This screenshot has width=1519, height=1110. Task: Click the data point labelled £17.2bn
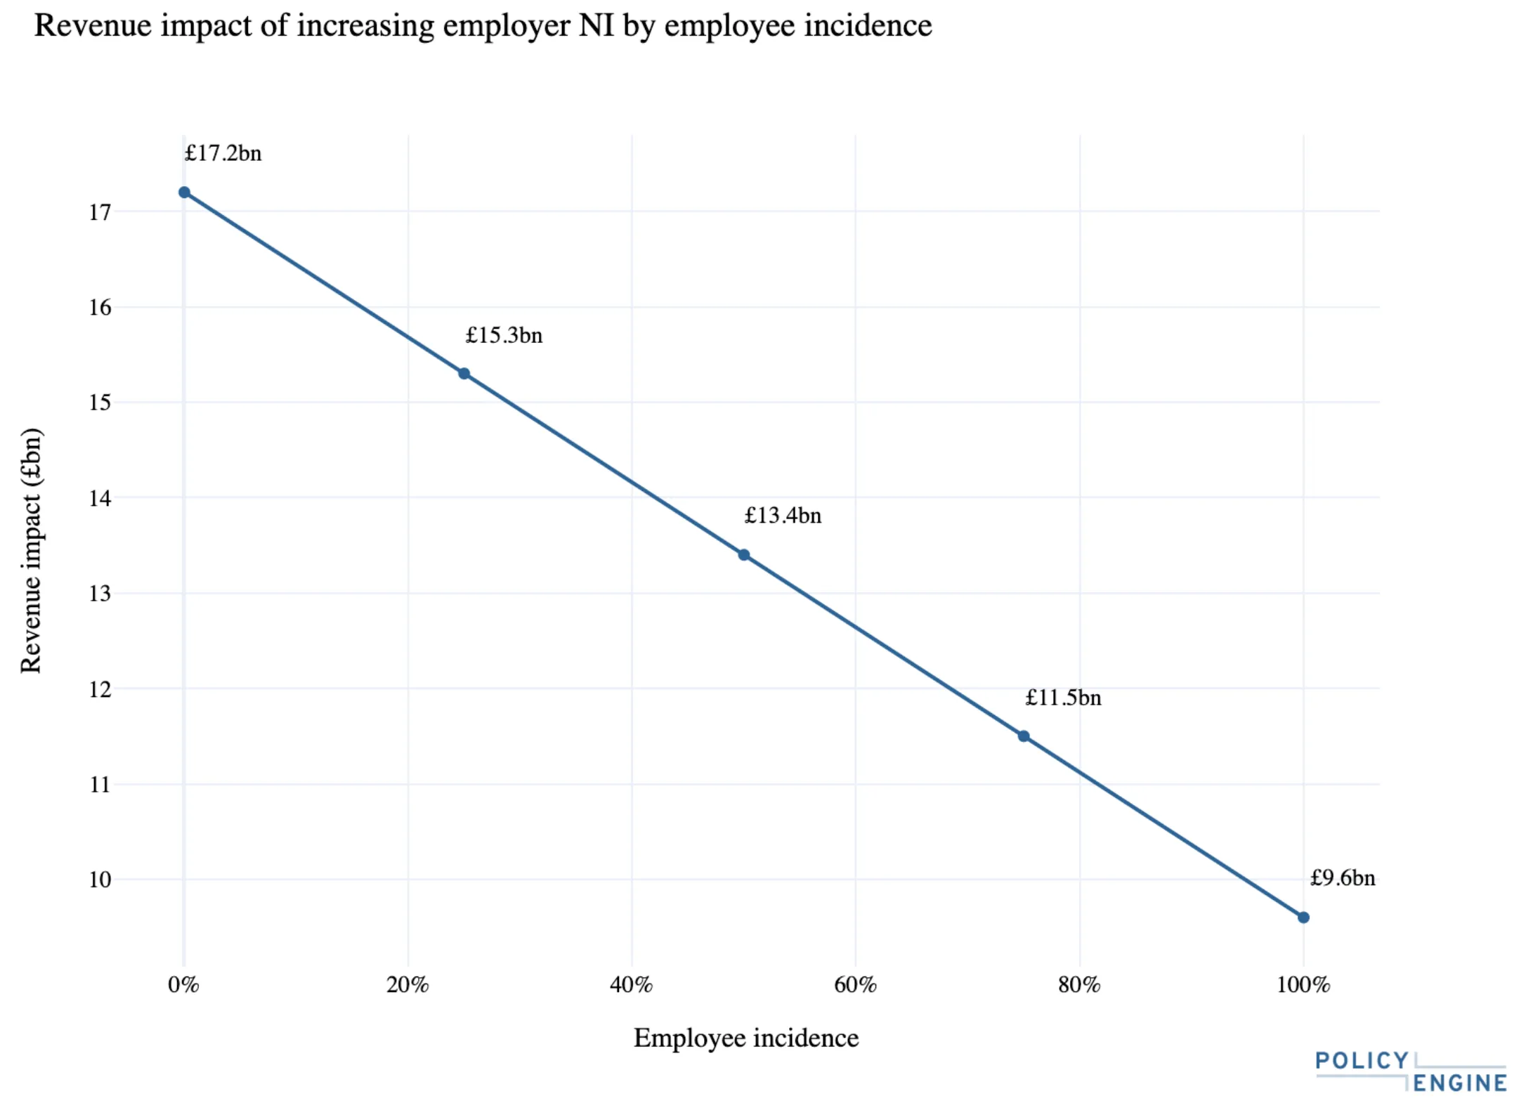coord(184,192)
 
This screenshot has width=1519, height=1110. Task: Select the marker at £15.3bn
coord(464,374)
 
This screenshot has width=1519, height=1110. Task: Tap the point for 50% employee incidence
coord(743,555)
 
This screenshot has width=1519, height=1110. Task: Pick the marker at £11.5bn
coord(1024,736)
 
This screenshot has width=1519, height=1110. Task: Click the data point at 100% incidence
coord(1303,918)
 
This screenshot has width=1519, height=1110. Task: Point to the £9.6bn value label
coord(1342,878)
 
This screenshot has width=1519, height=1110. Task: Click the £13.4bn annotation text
coord(783,516)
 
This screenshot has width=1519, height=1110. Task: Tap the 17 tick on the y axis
coord(100,212)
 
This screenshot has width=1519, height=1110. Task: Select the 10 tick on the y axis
coord(100,880)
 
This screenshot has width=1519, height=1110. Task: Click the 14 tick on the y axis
coord(100,499)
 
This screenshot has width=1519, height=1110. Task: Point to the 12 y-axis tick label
coord(100,689)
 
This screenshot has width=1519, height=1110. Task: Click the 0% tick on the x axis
coord(183,985)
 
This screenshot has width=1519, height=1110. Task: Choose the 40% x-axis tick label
coord(631,985)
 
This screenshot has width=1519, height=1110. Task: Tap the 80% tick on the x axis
coord(1079,985)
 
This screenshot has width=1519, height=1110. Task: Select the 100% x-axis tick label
coord(1303,985)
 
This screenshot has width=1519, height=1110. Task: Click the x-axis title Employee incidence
coord(745,1038)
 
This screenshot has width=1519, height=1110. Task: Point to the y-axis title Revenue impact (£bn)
coord(31,551)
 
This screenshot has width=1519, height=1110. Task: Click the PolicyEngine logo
coord(1410,1072)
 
